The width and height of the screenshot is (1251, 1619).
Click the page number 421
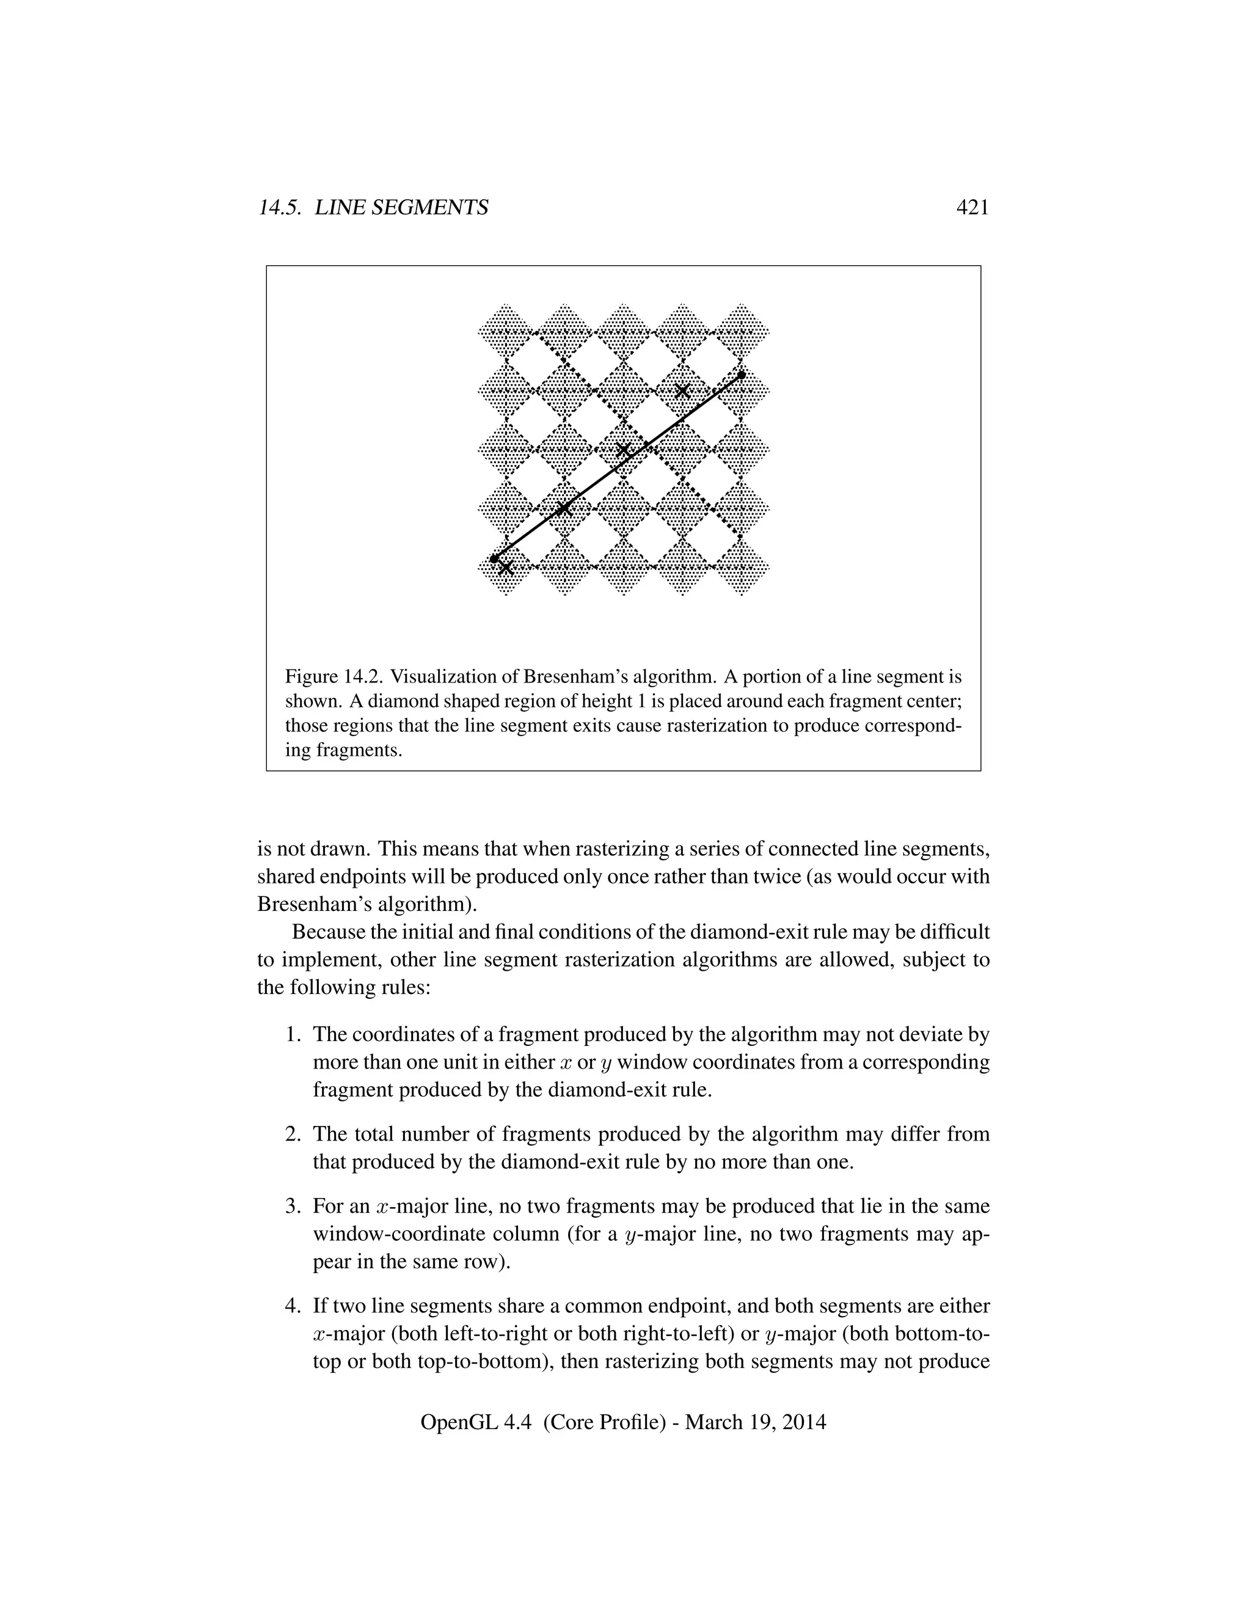(x=972, y=208)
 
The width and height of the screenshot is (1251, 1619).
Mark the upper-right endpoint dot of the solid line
(x=741, y=375)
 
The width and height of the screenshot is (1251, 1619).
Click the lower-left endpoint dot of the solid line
(x=494, y=558)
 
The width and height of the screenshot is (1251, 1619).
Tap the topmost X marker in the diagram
(x=682, y=390)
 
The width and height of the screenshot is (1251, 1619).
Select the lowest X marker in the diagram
(x=505, y=569)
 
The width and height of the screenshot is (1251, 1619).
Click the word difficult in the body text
(x=956, y=932)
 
